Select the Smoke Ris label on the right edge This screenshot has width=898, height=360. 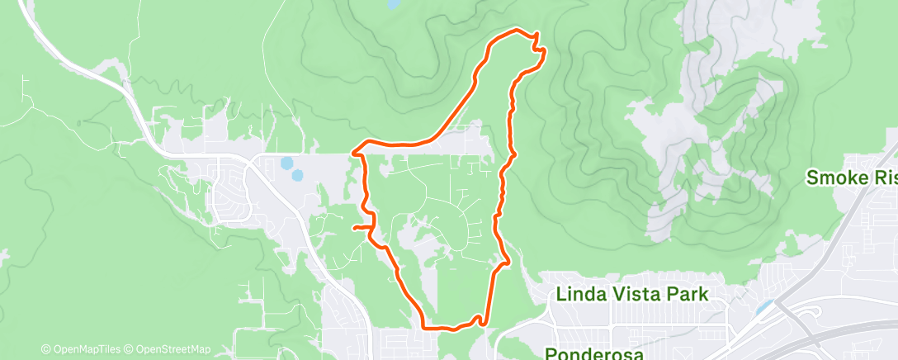[x=851, y=178]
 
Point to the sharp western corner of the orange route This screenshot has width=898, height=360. [x=354, y=152]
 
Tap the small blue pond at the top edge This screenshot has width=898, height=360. [x=390, y=4]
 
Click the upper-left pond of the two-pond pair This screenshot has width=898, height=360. [x=286, y=163]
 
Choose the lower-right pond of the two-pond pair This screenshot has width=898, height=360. [x=296, y=175]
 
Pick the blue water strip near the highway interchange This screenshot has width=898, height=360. [x=763, y=308]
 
